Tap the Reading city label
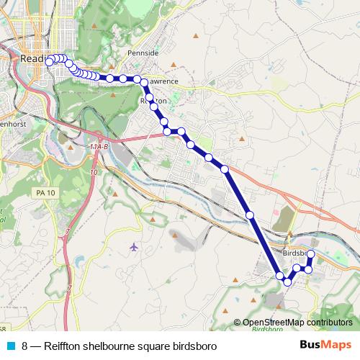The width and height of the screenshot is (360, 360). (x=34, y=58)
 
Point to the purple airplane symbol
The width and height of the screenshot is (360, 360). (x=134, y=247)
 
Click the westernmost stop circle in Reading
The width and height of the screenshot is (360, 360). (x=49, y=62)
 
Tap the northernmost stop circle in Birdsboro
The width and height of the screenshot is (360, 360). (x=311, y=254)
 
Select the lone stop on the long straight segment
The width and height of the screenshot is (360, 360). (x=250, y=215)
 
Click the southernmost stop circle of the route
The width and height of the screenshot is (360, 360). (x=287, y=282)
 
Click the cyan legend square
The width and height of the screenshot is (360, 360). (x=10, y=346)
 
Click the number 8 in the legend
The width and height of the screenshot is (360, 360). (x=25, y=346)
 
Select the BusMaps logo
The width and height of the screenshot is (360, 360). (x=324, y=345)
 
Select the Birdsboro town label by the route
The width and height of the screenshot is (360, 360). (x=295, y=254)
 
